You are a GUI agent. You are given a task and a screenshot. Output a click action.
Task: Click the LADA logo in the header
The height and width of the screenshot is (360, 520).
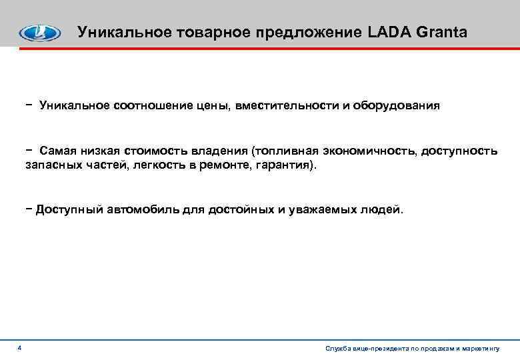click(40, 33)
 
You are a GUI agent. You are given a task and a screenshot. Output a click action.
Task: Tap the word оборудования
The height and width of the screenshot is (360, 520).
click(396, 106)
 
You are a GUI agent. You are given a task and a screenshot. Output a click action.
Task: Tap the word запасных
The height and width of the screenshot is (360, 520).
click(49, 164)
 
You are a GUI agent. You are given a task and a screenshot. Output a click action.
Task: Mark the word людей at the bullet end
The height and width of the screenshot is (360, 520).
click(381, 209)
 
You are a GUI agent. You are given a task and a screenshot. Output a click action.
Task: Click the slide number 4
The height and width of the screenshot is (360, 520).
click(20, 348)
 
